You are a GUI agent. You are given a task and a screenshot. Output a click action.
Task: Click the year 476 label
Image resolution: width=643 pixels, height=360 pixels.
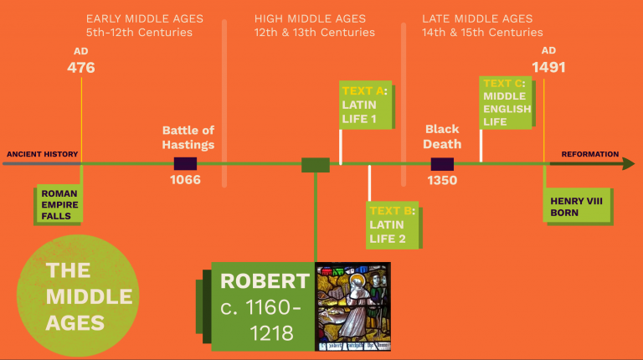pos(81,68)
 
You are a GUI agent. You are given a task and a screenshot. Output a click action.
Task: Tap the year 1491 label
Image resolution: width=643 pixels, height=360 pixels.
pos(548,68)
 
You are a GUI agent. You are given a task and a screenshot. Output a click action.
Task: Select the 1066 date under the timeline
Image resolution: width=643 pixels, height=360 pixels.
pos(185,179)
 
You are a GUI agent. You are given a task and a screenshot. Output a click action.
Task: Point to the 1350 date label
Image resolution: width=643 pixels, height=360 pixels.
pos(442,179)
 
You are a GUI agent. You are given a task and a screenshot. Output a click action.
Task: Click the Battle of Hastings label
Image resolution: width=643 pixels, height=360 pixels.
pos(188,137)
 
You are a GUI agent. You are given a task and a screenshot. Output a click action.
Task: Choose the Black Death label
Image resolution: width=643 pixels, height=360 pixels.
pos(442,137)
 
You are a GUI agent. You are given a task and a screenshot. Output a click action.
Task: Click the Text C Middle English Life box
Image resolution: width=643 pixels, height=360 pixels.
pos(507,101)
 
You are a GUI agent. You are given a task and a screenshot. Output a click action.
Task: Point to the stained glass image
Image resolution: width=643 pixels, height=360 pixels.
pos(352,306)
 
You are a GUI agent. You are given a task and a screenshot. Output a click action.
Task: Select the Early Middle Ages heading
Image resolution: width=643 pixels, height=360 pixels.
pos(139,25)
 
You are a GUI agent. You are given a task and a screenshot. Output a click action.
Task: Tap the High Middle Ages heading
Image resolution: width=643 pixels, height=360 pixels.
pos(314,25)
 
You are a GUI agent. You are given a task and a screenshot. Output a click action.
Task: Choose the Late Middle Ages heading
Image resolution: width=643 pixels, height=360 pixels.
pos(482,25)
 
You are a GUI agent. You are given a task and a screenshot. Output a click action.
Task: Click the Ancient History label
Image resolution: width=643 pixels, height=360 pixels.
pos(43,154)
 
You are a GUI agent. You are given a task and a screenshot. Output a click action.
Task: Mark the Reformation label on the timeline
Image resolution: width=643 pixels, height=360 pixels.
pos(590,154)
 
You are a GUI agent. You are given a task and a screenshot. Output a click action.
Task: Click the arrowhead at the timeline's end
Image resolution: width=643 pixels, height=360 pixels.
pos(628,164)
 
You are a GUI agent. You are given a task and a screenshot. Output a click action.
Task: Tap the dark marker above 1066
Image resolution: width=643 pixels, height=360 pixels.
pos(185,164)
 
